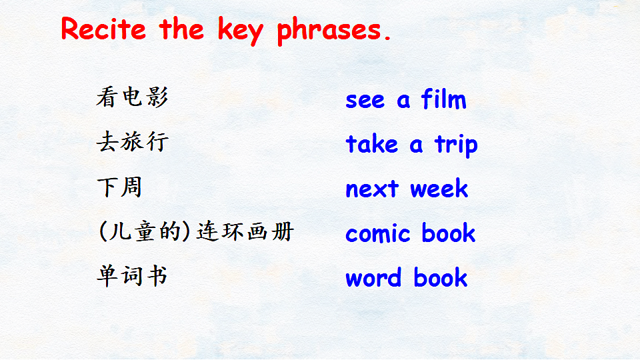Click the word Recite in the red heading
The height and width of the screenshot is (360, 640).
103,29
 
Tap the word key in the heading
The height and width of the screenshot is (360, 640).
241,31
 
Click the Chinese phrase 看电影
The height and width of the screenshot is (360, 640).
132,97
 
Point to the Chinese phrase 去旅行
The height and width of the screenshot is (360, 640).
132,141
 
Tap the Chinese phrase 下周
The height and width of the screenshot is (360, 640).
119,187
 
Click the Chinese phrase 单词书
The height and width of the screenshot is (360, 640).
132,276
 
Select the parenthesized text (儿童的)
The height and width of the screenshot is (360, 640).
145,231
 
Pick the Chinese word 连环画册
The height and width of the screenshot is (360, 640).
245,231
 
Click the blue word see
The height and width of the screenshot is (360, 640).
365,101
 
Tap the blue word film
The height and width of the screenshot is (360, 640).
443,99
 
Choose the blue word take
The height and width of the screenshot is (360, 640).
371,143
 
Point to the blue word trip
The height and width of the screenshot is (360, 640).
456,145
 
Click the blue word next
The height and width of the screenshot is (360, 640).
372,189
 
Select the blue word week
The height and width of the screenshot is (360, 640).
439,188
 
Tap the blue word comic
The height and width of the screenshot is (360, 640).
377,233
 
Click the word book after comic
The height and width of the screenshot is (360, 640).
448,232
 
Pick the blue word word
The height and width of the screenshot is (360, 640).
373,277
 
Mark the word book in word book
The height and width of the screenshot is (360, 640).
441,277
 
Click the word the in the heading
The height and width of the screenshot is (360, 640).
181,29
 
